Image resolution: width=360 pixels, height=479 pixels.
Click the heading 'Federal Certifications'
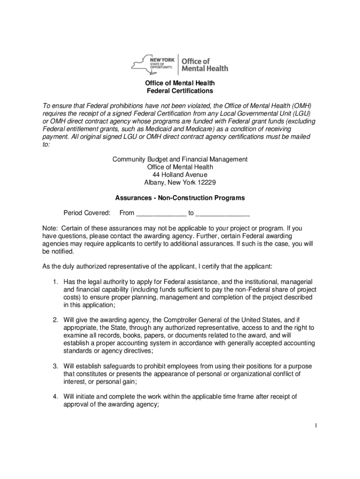(x=180, y=91)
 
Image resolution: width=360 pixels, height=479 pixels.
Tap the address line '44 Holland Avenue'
(x=180, y=174)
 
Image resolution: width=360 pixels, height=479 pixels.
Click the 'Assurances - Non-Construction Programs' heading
(x=180, y=198)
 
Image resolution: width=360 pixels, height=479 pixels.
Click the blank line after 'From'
(x=161, y=213)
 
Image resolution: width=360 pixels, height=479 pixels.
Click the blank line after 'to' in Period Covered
(x=223, y=213)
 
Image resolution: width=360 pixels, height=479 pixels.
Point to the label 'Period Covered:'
(x=87, y=213)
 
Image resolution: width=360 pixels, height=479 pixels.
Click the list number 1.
(x=55, y=282)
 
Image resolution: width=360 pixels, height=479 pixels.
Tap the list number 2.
(x=55, y=319)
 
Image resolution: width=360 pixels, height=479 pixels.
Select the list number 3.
(x=55, y=366)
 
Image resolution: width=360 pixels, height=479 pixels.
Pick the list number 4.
(x=55, y=397)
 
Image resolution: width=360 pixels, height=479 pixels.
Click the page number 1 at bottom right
(x=317, y=425)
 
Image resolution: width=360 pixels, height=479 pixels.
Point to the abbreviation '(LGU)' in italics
(x=304, y=114)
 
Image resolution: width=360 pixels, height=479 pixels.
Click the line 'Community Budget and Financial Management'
(x=180, y=160)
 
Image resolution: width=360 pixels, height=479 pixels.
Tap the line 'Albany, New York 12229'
(x=180, y=182)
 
